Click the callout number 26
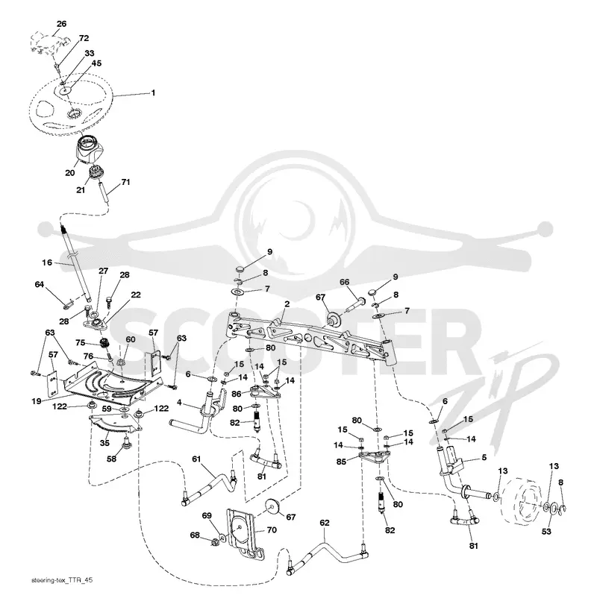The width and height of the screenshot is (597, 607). point(62,24)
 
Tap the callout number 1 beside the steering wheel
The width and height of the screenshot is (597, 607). point(154,93)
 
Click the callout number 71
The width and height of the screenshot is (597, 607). point(125,181)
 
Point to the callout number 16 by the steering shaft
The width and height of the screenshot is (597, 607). point(47,262)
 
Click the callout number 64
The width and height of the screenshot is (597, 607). point(40,285)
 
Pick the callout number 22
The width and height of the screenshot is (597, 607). point(136,295)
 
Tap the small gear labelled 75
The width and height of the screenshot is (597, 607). point(104,343)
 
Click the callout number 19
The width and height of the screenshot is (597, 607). point(37,401)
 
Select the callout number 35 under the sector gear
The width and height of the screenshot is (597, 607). point(104,443)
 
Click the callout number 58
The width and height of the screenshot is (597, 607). point(112,459)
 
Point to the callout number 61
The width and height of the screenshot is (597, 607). point(197,459)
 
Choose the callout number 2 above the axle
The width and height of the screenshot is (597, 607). point(287,304)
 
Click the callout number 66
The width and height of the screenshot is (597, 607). point(345,282)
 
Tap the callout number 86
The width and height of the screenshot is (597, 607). point(237,394)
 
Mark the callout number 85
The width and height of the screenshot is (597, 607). point(341,462)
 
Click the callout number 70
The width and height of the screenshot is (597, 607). point(272,529)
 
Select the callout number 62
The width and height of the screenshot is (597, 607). point(325,523)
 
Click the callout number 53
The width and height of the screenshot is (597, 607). point(546,532)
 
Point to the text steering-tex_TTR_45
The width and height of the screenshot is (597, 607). point(62,580)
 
